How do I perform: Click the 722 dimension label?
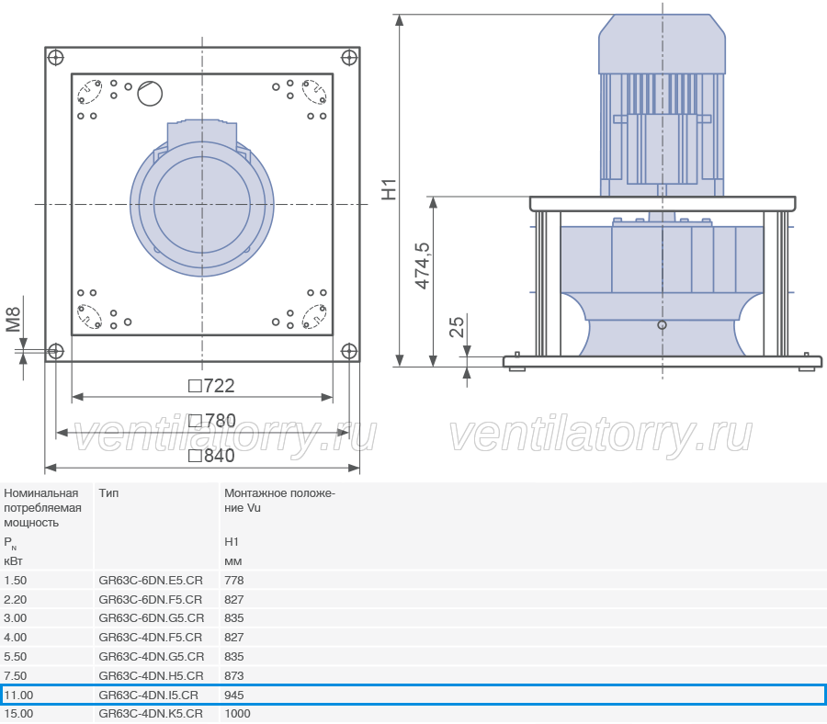211,386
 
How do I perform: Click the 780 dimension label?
212,421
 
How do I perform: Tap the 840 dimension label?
211,456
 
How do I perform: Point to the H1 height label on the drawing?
389,190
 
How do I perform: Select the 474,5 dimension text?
423,266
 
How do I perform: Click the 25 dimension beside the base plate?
457,327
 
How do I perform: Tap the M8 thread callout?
13,320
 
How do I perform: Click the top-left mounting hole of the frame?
55,58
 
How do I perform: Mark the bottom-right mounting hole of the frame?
349,351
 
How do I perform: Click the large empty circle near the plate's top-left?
150,94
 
